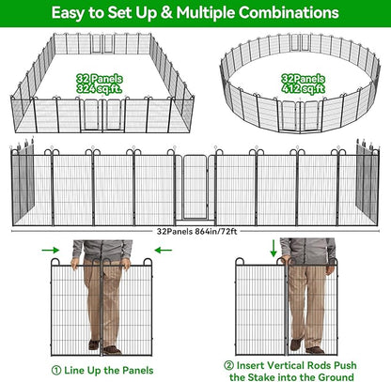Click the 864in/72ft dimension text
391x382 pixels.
(216, 230)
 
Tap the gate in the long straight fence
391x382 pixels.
(195, 188)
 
